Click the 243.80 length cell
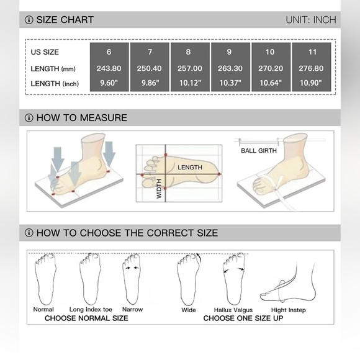pyautogui.click(x=109, y=68)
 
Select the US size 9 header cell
pyautogui.click(x=229, y=52)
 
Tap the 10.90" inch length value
pyautogui.click(x=311, y=83)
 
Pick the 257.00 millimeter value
pyautogui.click(x=190, y=68)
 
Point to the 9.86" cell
pyautogui.click(x=150, y=83)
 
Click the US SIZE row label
pyautogui.click(x=45, y=52)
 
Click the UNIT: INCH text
pyautogui.click(x=311, y=20)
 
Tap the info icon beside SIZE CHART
pyautogui.click(x=29, y=20)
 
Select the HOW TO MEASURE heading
pyautogui.click(x=82, y=118)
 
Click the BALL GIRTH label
pyautogui.click(x=259, y=151)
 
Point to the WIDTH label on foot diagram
pyautogui.click(x=159, y=189)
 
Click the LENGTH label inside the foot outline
pyautogui.click(x=190, y=168)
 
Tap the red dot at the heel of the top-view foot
pyautogui.click(x=219, y=174)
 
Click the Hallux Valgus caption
pyautogui.click(x=233, y=310)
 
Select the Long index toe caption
pyautogui.click(x=91, y=310)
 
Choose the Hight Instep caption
pyautogui.click(x=289, y=310)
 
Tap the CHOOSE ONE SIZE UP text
pyautogui.click(x=243, y=318)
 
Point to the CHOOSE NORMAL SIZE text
pyautogui.click(x=86, y=318)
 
